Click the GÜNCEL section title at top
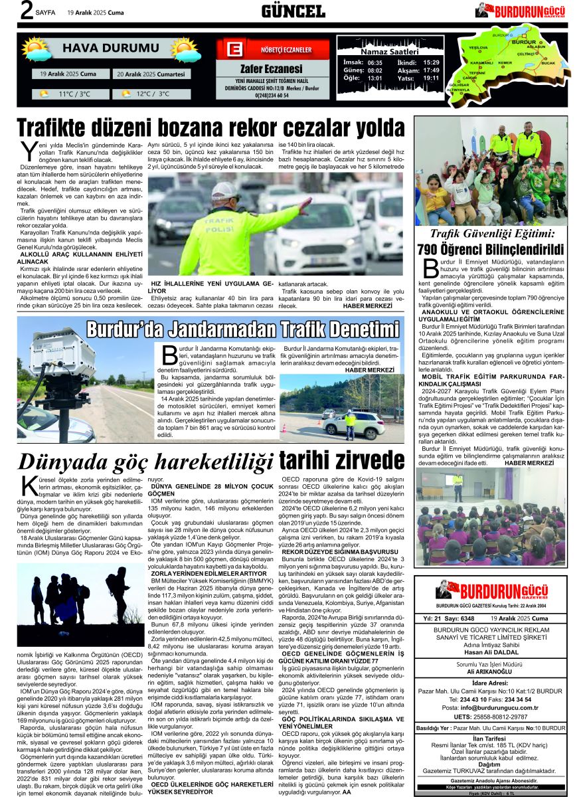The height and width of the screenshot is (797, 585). (x=293, y=11)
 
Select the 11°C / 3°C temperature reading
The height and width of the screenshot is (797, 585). (x=74, y=94)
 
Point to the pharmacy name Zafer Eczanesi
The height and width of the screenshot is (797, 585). (x=272, y=69)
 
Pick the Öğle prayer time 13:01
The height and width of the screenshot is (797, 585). (x=375, y=78)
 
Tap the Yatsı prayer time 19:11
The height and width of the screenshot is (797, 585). (x=432, y=78)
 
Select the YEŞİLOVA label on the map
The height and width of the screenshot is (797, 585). (x=478, y=48)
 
